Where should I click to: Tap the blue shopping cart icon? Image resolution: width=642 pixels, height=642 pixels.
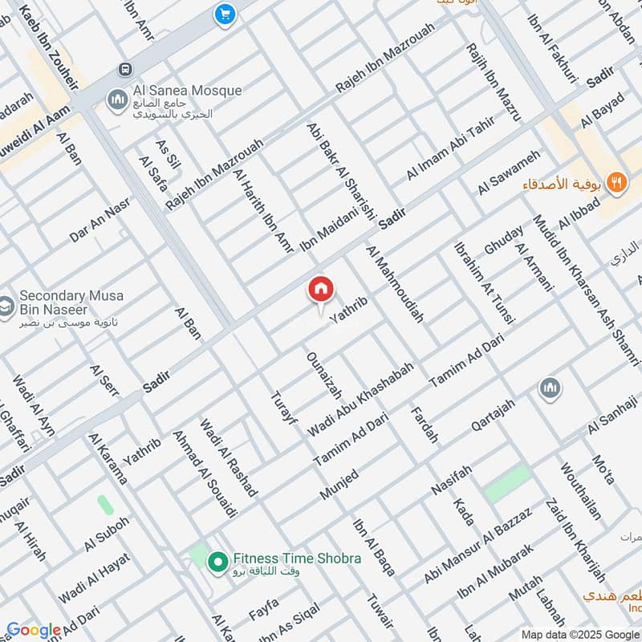click(224, 14)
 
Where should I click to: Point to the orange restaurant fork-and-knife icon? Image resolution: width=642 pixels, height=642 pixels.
click(616, 182)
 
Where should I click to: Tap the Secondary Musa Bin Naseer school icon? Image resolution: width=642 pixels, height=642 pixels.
click(6, 307)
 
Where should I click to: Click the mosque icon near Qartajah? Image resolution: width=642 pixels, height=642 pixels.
click(550, 389)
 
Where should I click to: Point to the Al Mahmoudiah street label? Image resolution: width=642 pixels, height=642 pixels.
click(394, 284)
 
